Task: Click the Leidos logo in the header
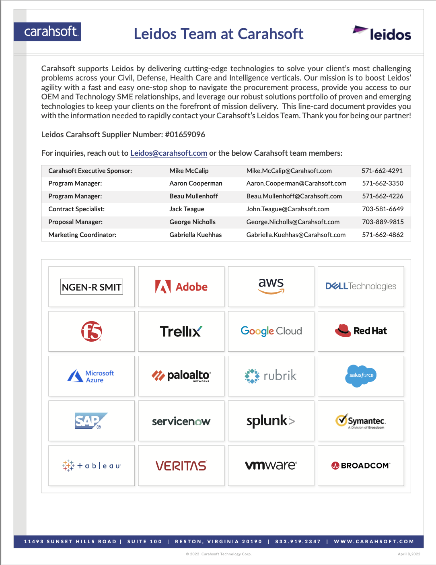pos(382,34)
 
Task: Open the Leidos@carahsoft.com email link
pos(169,153)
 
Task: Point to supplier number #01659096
pos(185,134)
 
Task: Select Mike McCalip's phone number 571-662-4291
pos(382,171)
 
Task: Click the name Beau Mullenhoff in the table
pos(193,196)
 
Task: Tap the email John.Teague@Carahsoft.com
pos(288,209)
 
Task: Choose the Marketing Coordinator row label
pos(82,235)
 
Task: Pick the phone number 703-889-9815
pos(383,222)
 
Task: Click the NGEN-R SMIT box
pos(92,287)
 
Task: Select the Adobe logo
pos(181,287)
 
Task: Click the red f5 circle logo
pos(92,331)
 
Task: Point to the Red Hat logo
pos(361,331)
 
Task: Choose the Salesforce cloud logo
pos(361,375)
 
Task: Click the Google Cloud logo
pos(271,331)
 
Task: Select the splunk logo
pos(271,421)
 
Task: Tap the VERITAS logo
pos(181,466)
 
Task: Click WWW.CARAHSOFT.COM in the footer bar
pos(374,542)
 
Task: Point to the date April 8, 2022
pos(409,554)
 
